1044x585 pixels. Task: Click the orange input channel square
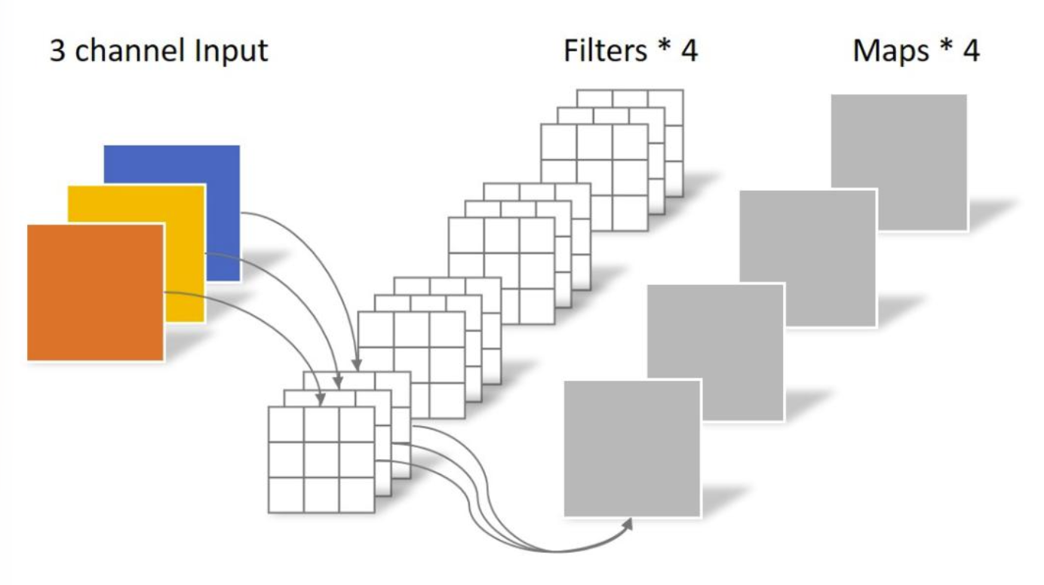95,292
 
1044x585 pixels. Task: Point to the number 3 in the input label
57,51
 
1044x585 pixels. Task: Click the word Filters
605,51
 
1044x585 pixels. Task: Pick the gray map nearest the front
632,449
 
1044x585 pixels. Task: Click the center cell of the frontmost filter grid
321,460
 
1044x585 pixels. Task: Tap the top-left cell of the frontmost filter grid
286,424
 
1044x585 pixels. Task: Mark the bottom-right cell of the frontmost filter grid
357,495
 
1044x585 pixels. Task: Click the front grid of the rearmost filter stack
594,176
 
